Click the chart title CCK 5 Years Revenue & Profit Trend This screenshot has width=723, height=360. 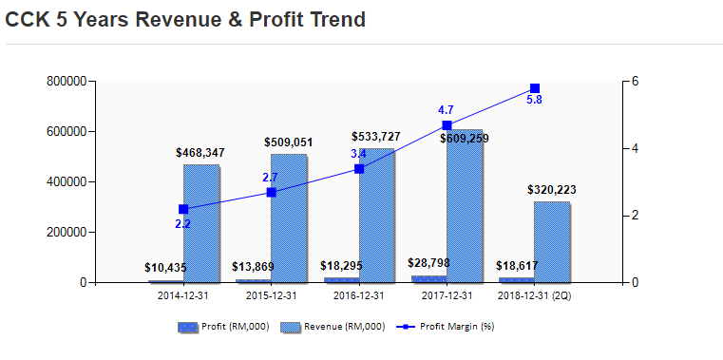coord(185,19)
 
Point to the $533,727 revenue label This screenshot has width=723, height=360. coord(375,137)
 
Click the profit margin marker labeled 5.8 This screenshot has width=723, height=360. coord(535,88)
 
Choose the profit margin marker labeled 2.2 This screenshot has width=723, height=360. coord(183,209)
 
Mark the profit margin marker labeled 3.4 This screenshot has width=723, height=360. coord(359,169)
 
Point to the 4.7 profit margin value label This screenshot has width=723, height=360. coord(446,110)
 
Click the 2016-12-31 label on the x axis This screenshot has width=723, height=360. coord(359,295)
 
